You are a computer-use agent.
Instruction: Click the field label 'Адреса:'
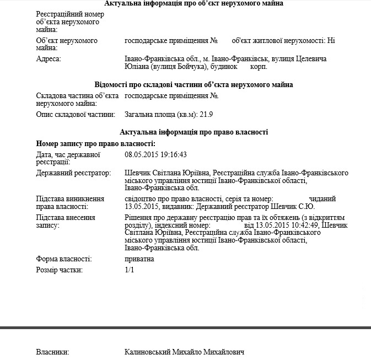(49, 58)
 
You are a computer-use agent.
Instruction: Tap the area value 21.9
(206, 114)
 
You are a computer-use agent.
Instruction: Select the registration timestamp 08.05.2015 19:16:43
(156, 154)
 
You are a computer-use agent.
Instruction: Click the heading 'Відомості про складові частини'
(193, 84)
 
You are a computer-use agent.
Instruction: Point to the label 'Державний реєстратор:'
(73, 173)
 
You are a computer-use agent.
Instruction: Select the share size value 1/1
(130, 270)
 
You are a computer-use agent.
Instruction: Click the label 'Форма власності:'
(64, 259)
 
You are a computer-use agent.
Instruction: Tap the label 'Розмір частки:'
(60, 270)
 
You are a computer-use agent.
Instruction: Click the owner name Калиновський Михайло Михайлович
(184, 352)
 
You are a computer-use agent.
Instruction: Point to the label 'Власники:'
(52, 352)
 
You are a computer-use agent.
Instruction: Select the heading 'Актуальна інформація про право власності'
(193, 132)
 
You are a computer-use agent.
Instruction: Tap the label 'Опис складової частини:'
(76, 114)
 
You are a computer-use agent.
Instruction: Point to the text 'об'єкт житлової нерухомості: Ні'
(283, 40)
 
